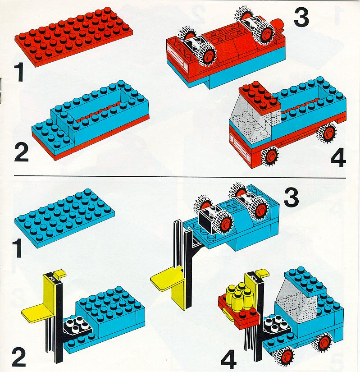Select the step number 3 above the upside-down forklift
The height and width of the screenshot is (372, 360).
pos(291,198)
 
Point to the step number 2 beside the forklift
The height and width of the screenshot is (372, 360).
pos(19,357)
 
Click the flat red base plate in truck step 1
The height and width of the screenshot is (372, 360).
pos(73,36)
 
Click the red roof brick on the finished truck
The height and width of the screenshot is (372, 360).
pos(260,97)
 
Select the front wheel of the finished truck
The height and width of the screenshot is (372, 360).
pos(270,156)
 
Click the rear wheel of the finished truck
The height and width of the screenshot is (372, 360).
pos(327,133)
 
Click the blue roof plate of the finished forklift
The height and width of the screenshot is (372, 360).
pos(306,282)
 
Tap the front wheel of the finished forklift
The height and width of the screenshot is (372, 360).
pos(284,357)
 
